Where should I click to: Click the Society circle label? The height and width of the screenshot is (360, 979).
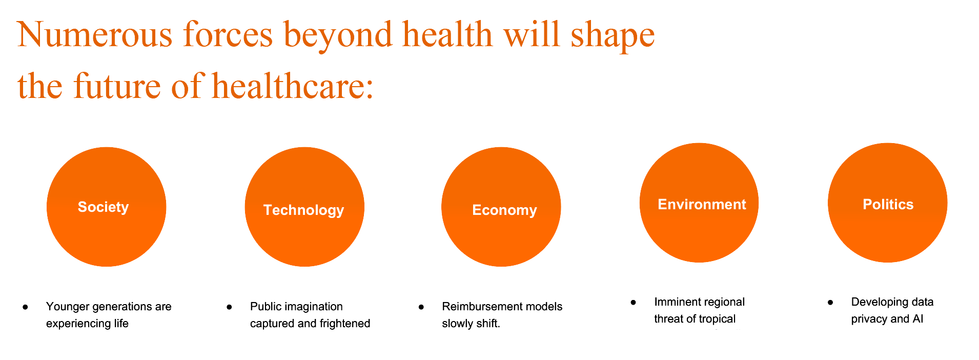[103, 207]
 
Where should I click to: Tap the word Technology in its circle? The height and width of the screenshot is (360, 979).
[303, 210]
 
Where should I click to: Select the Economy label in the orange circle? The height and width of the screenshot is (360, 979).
[504, 210]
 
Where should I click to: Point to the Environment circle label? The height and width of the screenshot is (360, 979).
[702, 205]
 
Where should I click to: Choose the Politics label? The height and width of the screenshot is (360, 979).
[888, 205]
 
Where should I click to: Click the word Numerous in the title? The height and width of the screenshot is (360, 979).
[95, 35]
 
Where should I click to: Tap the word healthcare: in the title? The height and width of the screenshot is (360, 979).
[293, 86]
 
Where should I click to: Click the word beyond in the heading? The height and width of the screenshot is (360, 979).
[338, 36]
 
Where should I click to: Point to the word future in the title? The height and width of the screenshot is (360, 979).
[117, 86]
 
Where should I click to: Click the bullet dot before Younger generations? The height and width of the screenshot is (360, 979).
[25, 307]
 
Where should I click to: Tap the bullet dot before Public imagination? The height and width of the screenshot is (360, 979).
[229, 307]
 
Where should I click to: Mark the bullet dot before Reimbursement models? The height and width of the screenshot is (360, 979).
[421, 307]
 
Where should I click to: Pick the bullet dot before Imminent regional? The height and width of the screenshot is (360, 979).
[634, 302]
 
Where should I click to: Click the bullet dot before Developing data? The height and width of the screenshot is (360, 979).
[830, 302]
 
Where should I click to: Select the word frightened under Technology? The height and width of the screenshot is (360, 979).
[345, 324]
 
